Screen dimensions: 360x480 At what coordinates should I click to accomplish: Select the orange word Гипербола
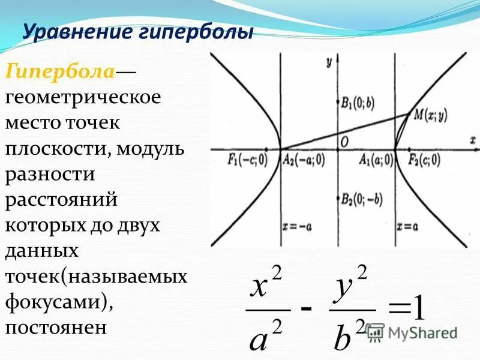(61, 72)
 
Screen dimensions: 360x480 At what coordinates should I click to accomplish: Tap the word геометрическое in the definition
(83, 98)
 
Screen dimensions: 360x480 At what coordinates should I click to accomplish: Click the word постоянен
(56, 327)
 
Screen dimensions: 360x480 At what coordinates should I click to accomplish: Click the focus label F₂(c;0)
(424, 160)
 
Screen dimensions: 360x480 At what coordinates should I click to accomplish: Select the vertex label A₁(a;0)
(377, 160)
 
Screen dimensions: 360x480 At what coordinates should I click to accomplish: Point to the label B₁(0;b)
(358, 102)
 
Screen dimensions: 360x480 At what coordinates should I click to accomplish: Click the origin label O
(344, 140)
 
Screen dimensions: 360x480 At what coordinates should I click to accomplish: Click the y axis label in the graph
(329, 61)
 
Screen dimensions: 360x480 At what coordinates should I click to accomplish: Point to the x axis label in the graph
(472, 139)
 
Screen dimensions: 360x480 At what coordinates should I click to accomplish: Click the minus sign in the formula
(307, 308)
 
